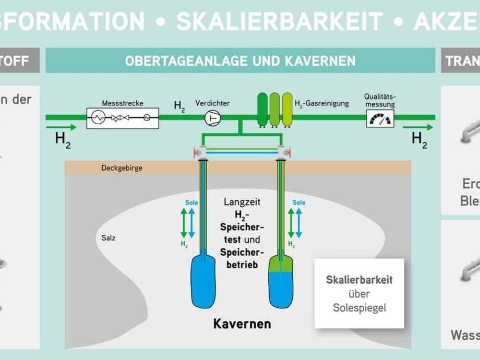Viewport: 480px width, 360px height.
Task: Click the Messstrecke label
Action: [123, 103]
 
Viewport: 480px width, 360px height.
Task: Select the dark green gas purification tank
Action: [262, 109]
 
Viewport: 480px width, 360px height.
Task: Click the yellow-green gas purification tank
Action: [287, 109]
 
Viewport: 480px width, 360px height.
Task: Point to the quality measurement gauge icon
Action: [379, 119]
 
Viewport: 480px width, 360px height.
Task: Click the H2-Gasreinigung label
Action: [321, 104]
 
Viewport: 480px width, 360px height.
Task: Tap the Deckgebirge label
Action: [122, 169]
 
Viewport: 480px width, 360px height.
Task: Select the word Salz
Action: [109, 238]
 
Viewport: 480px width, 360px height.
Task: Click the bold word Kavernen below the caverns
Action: [242, 323]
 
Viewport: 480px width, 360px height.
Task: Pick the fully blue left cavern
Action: [203, 281]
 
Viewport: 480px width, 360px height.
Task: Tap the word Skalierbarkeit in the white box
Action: [359, 280]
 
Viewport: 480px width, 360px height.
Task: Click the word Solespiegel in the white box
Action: [359, 308]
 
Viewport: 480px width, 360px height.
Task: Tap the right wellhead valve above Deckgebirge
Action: [282, 153]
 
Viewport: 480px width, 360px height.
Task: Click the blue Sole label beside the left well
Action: [191, 202]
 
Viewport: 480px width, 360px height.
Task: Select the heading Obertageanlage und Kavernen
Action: [240, 61]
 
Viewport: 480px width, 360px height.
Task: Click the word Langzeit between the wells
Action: [242, 202]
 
